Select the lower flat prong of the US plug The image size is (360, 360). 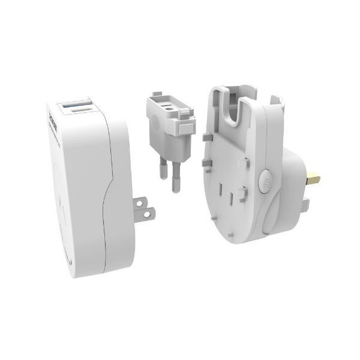[146, 215]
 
